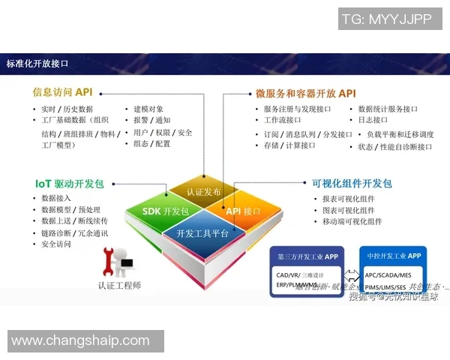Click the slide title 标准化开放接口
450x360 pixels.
[x=37, y=64]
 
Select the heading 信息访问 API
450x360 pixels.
[x=62, y=92]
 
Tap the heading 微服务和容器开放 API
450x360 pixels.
[x=305, y=94]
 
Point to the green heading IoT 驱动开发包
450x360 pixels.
[x=70, y=183]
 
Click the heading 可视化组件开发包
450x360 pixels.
[x=352, y=183]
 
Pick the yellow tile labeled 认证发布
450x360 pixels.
[x=204, y=191]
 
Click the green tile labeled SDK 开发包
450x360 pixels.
[x=165, y=211]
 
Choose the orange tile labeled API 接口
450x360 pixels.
[x=243, y=211]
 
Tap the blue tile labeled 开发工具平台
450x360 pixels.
[x=202, y=233]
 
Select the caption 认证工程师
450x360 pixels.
[x=120, y=285]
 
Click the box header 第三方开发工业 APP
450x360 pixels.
[x=307, y=256]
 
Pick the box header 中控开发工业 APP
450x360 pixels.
[x=393, y=256]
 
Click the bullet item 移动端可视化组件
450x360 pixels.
[x=352, y=222]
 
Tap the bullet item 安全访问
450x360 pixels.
[x=56, y=244]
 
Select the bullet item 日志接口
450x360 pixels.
[x=373, y=120]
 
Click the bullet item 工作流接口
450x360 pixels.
[x=283, y=120]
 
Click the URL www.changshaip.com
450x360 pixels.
[x=80, y=341]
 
